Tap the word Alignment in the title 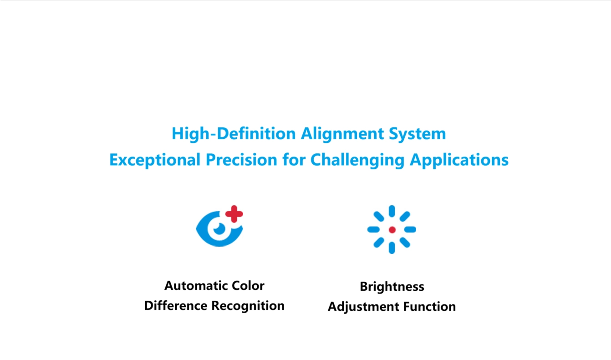pyautogui.click(x=342, y=134)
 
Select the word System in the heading pyautogui.click(x=418, y=134)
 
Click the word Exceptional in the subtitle pyautogui.click(x=155, y=160)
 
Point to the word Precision pyautogui.click(x=241, y=160)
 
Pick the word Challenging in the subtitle pyautogui.click(x=357, y=160)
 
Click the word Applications pyautogui.click(x=459, y=160)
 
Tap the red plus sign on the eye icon pyautogui.click(x=234, y=214)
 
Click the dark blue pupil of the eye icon pyautogui.click(x=219, y=228)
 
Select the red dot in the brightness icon pyautogui.click(x=392, y=230)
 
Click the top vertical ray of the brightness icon pyautogui.click(x=392, y=211)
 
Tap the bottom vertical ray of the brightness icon pyautogui.click(x=392, y=248)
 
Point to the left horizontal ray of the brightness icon pyautogui.click(x=373, y=230)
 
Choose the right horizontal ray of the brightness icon pyautogui.click(x=410, y=230)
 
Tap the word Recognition pyautogui.click(x=248, y=306)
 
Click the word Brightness pyautogui.click(x=392, y=287)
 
